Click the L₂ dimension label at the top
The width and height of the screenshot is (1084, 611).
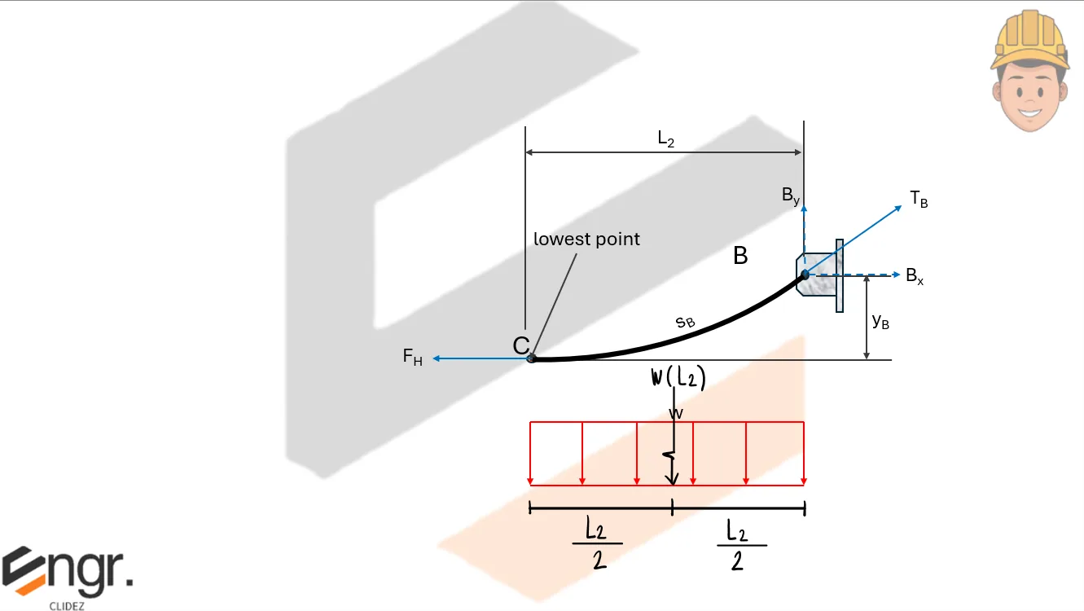[x=666, y=139]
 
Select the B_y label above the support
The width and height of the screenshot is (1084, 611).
[x=791, y=196]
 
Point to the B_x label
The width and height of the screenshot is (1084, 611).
[x=915, y=276]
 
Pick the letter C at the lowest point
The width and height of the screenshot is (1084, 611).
[x=521, y=346]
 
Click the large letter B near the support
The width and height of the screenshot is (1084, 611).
[x=740, y=257]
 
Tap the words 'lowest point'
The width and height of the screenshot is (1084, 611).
[x=586, y=240]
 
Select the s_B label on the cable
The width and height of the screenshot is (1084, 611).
[x=686, y=322]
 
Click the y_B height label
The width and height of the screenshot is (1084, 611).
[x=880, y=322]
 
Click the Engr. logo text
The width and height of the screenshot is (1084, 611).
[x=67, y=571]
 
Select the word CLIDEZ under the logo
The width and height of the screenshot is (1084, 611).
[x=67, y=604]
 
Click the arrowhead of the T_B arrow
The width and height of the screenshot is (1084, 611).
[x=900, y=207]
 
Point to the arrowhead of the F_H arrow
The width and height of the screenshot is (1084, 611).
[x=437, y=358]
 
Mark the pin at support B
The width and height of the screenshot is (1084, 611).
[x=805, y=275]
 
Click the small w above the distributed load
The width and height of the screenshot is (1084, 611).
[x=675, y=414]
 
